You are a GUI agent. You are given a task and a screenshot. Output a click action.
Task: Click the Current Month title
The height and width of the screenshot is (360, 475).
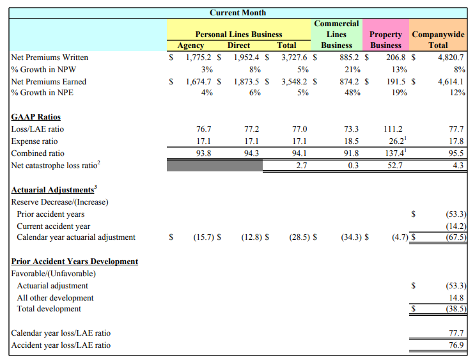pos(238,13)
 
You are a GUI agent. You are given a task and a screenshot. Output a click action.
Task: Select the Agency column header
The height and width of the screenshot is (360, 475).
pos(191,45)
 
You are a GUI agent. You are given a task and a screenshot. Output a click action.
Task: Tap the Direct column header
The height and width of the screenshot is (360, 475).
pos(238,45)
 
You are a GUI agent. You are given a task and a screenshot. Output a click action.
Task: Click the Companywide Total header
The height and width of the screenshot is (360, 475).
pos(438,40)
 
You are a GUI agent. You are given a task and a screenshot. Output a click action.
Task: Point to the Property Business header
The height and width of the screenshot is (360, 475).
pos(385,40)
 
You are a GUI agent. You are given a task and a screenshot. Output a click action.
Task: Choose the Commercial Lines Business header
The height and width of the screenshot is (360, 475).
pos(336,35)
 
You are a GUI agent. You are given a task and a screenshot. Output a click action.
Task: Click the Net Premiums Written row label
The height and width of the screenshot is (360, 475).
pos(50,58)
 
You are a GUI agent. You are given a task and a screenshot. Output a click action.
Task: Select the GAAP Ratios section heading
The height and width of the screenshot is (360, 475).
pos(36,116)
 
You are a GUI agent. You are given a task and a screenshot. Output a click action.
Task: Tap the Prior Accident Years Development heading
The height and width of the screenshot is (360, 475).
pos(75,262)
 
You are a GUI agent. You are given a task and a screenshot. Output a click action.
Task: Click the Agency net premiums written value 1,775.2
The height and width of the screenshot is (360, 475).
pos(198,58)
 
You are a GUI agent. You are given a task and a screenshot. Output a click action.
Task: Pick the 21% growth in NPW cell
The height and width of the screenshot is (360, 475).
pos(352,70)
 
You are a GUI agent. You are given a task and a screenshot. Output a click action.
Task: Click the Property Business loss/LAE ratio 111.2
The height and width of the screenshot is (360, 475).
pos(393,129)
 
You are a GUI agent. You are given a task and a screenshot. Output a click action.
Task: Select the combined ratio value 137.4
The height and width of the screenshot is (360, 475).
pos(394,153)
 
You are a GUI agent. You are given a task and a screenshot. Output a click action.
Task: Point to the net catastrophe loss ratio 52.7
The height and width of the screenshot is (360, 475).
pos(395,165)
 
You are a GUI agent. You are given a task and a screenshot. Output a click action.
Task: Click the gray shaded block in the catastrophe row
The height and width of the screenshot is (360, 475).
pos(215,166)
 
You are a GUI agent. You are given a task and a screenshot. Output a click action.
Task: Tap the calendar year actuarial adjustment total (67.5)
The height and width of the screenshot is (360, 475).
pos(456,237)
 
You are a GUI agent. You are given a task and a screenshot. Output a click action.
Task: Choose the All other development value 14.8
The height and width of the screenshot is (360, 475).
pos(456,297)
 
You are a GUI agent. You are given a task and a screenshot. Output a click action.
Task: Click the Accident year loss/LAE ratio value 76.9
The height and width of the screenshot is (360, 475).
pos(456,345)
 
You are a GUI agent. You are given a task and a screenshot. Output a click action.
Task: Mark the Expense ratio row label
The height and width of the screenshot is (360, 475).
pos(35,141)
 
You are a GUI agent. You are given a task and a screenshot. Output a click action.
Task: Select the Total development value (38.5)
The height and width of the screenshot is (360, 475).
pos(456,308)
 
